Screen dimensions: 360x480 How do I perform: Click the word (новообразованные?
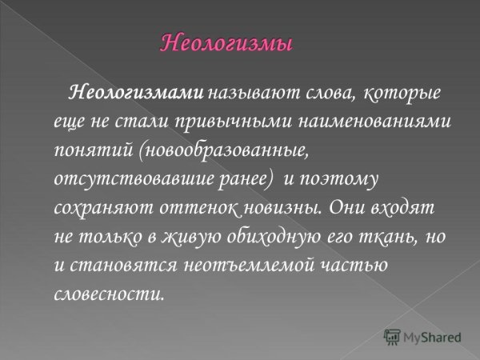click(213, 150)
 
